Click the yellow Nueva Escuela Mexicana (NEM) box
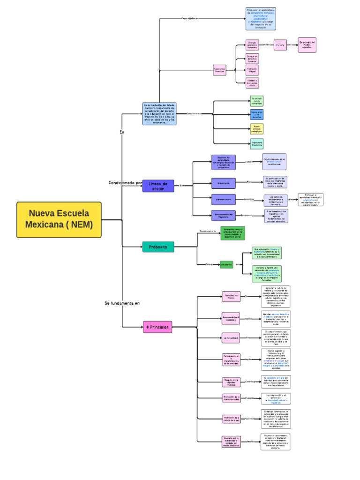(59, 219)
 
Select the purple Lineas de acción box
(158, 186)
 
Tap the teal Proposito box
(158, 247)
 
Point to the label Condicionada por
(125, 183)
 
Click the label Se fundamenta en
(122, 303)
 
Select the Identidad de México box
(232, 296)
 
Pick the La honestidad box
(231, 337)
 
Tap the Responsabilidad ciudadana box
(231, 318)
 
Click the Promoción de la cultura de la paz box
(231, 419)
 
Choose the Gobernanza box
(223, 183)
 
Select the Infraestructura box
(223, 199)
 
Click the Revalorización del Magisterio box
(223, 216)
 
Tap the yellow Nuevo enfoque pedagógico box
(257, 129)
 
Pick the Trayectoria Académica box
(257, 144)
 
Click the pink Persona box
(280, 45)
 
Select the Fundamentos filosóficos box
(219, 69)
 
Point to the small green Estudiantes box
(226, 264)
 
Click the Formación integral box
(252, 70)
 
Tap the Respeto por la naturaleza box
(231, 441)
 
